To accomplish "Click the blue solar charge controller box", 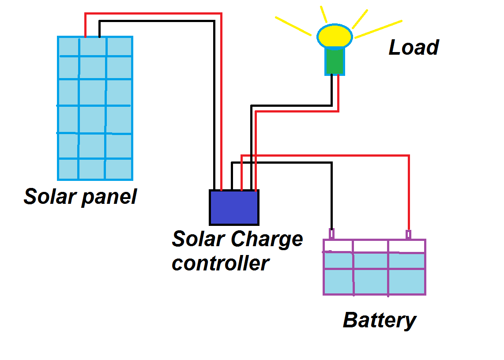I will (234, 207).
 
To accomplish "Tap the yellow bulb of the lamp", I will (335, 36).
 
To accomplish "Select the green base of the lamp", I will (335, 61).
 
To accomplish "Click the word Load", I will (414, 47).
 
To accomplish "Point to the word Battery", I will (380, 320).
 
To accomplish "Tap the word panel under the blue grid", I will (109, 197).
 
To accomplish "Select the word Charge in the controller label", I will (267, 239).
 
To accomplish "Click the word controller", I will (220, 263).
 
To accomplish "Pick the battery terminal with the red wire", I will (409, 234).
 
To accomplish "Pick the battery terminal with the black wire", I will (331, 233).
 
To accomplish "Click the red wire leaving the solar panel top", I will (86, 24).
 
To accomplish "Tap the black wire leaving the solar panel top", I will (100, 28).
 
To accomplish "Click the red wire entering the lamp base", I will (338, 93).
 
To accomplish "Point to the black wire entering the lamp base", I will (331, 90).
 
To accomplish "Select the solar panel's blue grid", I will (95, 108).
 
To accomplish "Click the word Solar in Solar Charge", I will (198, 239).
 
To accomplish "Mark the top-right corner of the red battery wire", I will (409, 156).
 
